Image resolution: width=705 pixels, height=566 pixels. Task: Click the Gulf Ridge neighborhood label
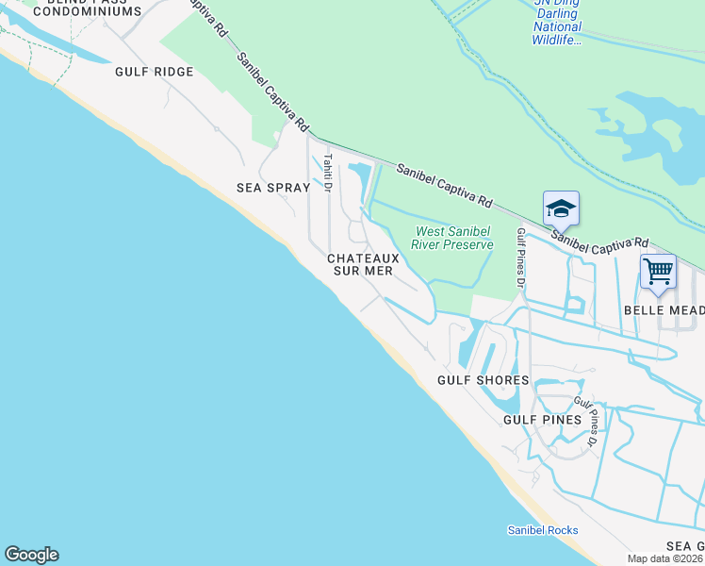pyautogui.click(x=154, y=72)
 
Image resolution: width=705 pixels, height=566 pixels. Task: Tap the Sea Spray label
pyautogui.click(x=272, y=188)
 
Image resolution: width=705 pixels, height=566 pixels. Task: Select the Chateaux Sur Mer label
pyautogui.click(x=364, y=264)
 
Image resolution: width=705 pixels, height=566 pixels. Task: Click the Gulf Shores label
pyautogui.click(x=483, y=380)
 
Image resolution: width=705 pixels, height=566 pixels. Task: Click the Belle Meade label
pyautogui.click(x=664, y=310)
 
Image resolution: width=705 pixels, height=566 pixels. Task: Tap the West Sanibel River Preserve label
pyautogui.click(x=455, y=238)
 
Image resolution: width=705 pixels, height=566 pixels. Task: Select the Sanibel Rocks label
pyautogui.click(x=542, y=530)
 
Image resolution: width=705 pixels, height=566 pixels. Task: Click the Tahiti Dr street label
pyautogui.click(x=327, y=174)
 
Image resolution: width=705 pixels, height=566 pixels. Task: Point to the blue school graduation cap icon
pyautogui.click(x=561, y=208)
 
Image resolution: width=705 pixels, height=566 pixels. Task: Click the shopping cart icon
pyautogui.click(x=658, y=272)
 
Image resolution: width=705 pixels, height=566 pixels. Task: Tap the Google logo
pyautogui.click(x=31, y=555)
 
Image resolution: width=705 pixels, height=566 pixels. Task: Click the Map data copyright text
pyautogui.click(x=665, y=558)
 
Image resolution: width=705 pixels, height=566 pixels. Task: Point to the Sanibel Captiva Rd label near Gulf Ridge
pyautogui.click(x=272, y=91)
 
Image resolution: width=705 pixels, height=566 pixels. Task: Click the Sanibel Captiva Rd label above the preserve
pyautogui.click(x=444, y=186)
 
